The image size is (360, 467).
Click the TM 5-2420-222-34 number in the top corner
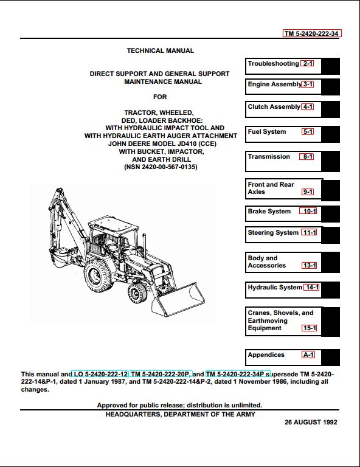coord(312,33)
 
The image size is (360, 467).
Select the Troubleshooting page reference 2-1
coord(307,63)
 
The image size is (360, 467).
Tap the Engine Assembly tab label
coord(274,85)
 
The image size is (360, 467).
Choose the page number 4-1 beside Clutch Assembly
coord(307,106)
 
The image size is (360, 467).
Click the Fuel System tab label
coord(267,131)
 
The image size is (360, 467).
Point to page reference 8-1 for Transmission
coord(306,156)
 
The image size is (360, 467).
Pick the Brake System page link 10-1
coord(308,211)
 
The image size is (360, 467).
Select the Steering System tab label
coord(273,233)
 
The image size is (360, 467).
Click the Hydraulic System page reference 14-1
coord(311,287)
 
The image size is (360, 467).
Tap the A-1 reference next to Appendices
coord(308,355)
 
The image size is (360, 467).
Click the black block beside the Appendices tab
coord(331,358)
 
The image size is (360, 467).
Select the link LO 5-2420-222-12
coord(100,374)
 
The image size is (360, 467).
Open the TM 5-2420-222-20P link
coord(160,374)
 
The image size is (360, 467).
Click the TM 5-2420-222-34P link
coord(238,374)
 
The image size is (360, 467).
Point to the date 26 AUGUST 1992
coord(311,422)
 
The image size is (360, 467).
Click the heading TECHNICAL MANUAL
coord(160,50)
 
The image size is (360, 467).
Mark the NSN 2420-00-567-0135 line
coord(161,167)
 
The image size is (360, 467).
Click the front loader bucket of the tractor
coord(178,299)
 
